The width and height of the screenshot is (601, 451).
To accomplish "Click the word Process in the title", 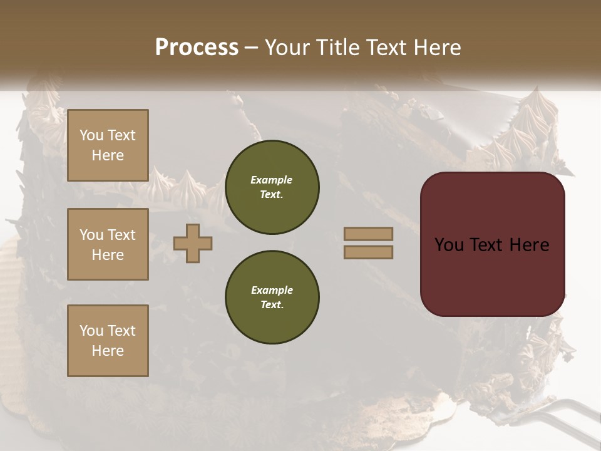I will click(x=197, y=48).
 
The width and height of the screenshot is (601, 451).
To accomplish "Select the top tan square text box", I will click(x=108, y=145).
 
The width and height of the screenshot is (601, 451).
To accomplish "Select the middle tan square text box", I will click(x=108, y=244).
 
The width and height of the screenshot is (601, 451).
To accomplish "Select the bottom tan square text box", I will click(x=108, y=341).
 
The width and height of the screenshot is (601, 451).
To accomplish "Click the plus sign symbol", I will click(x=192, y=243).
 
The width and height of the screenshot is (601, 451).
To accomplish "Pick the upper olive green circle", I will click(x=272, y=187).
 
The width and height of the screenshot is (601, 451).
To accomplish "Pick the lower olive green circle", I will click(x=272, y=298).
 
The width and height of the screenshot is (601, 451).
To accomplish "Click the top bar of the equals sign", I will click(x=368, y=234).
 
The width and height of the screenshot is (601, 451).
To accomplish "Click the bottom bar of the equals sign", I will click(x=368, y=252).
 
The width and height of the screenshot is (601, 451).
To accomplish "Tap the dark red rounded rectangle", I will click(x=492, y=276).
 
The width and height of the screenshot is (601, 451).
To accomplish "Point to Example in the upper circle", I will click(x=272, y=180).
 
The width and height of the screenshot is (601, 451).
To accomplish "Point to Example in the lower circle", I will click(x=272, y=290).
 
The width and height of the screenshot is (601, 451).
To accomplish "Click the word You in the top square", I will click(x=91, y=135).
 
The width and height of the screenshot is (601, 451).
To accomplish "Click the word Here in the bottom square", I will click(x=108, y=351).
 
